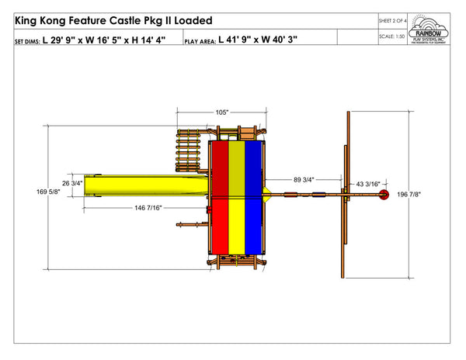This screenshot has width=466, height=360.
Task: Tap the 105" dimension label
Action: pyautogui.click(x=222, y=112)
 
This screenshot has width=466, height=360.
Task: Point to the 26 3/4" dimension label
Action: pyautogui.click(x=71, y=183)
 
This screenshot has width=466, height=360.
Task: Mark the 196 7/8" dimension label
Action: pyautogui.click(x=410, y=195)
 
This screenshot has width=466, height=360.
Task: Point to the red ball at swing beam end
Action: pyautogui.click(x=382, y=197)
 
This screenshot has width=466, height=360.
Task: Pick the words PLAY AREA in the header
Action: pyautogui.click(x=200, y=40)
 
